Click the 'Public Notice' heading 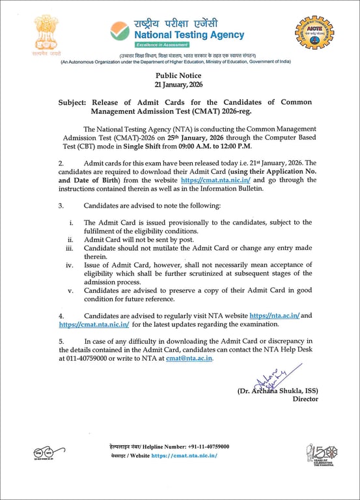[179, 76]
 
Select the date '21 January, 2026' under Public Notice [179, 85]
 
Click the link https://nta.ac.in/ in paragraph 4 [274, 315]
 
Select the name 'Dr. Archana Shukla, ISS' [278, 391]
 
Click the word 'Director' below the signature [305, 399]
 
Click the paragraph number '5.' [61, 340]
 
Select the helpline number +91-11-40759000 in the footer [202, 447]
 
